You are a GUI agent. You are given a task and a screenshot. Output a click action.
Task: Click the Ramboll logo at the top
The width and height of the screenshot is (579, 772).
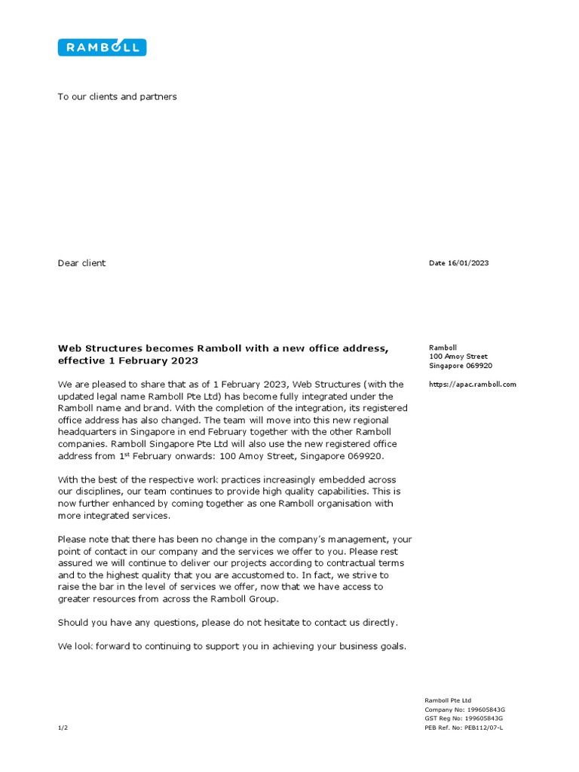click(102, 47)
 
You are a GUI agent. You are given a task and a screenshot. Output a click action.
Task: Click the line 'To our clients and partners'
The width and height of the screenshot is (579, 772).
click(118, 96)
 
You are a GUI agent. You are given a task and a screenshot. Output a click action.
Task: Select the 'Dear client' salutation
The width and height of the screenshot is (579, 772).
click(81, 263)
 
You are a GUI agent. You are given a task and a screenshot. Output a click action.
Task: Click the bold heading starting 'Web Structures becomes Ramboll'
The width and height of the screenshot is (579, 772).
click(223, 348)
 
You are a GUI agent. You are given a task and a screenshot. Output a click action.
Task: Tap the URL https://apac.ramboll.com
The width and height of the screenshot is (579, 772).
click(473, 384)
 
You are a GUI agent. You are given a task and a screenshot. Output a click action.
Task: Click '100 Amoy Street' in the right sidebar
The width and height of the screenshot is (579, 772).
click(458, 357)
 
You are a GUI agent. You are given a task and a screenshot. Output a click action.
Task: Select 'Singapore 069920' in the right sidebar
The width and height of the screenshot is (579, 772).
click(460, 366)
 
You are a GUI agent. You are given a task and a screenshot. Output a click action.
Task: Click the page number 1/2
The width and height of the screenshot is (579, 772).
click(63, 728)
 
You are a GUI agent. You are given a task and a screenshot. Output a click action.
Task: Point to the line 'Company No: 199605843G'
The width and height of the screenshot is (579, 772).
click(464, 710)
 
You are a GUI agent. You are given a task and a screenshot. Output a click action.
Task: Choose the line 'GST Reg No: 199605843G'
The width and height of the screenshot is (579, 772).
click(464, 719)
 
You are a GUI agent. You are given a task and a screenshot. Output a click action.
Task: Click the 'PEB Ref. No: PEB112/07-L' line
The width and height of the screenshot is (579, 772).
click(464, 728)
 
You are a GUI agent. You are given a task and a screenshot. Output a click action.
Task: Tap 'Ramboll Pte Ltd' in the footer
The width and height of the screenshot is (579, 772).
click(449, 700)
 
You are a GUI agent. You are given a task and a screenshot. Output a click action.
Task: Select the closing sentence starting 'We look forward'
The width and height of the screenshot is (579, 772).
click(232, 646)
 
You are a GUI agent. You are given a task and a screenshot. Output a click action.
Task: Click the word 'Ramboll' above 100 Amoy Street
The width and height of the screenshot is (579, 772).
click(443, 348)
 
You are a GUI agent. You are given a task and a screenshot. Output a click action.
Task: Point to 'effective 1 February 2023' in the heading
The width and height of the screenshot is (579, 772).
click(128, 361)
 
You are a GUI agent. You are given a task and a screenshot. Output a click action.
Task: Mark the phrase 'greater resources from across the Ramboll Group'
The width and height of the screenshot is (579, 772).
click(168, 599)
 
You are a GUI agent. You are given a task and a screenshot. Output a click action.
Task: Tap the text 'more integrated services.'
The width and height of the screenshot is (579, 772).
click(115, 516)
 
